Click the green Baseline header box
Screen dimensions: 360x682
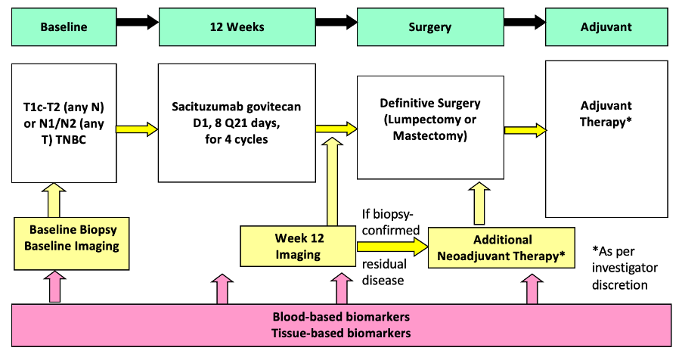64,27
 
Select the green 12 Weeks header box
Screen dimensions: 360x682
237,27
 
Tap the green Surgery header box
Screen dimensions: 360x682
429,27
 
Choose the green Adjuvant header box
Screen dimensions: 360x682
606,27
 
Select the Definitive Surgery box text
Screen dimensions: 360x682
430,119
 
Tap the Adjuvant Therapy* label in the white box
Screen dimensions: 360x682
606,113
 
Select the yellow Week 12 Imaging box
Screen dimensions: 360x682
297,247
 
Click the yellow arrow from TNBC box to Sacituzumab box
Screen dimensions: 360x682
138,129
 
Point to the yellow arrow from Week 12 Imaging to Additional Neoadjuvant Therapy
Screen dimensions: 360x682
391,246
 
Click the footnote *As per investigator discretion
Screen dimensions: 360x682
625,267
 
